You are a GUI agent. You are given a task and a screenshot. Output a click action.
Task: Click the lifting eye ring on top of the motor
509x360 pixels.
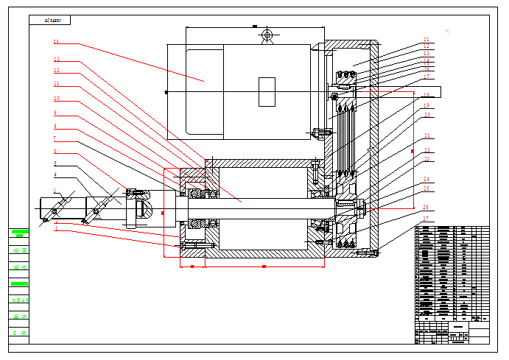(x=267, y=35)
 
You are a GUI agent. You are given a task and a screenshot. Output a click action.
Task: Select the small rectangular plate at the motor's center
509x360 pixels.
(x=267, y=92)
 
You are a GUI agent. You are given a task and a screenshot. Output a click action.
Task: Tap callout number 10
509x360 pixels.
(x=56, y=98)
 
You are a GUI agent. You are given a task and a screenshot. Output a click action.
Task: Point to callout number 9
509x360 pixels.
(x=55, y=113)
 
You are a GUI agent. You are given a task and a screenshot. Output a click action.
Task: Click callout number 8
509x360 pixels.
(x=55, y=126)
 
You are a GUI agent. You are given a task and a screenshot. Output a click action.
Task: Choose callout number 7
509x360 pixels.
(x=55, y=138)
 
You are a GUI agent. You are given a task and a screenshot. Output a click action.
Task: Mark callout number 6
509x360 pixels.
(x=55, y=151)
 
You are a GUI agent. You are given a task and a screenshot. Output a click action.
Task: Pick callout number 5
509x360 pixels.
(x=55, y=163)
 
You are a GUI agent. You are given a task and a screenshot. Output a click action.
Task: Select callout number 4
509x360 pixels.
(x=55, y=175)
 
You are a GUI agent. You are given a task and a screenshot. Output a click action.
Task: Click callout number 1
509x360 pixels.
(x=55, y=229)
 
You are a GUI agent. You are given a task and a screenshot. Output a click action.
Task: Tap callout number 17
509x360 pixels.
(x=426, y=77)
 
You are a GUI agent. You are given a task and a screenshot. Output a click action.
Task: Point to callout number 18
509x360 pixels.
(x=426, y=96)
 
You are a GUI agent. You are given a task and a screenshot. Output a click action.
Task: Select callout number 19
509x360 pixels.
(x=426, y=106)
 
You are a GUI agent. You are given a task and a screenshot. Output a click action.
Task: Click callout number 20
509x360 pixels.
(x=426, y=116)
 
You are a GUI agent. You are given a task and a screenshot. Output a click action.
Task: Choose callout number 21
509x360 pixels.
(x=426, y=136)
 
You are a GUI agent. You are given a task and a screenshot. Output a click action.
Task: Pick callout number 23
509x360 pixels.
(x=426, y=159)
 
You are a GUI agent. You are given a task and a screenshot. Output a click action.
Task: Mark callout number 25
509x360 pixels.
(x=426, y=189)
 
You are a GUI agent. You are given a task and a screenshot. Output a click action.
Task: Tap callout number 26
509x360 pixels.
(x=426, y=207)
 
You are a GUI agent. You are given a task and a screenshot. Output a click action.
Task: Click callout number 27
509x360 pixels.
(x=426, y=219)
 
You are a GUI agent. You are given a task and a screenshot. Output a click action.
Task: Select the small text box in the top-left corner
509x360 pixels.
(x=50, y=20)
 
